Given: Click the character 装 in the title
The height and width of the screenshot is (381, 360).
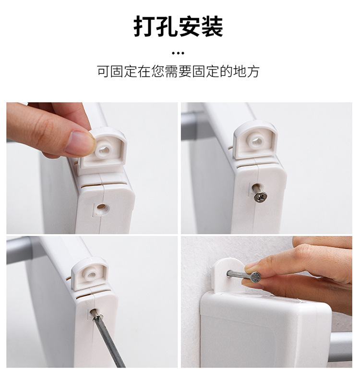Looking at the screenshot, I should coord(212,27).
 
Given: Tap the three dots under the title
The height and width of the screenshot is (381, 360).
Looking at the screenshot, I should coord(178,53).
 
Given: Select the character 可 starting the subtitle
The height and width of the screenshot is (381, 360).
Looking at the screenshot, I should coord(103,72).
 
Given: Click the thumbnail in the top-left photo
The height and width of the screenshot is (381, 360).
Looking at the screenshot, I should coord(80,143).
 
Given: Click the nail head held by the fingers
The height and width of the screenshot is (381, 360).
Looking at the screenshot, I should coord(255,276).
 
